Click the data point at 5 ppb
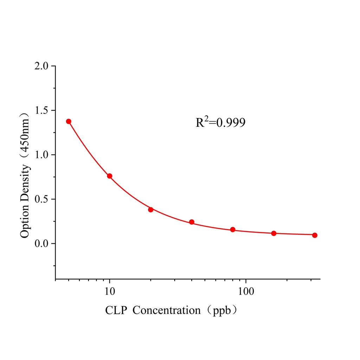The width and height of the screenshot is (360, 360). pos(69,121)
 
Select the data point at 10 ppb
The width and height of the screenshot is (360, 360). pos(110,176)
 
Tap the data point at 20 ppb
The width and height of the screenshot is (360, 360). pos(150,210)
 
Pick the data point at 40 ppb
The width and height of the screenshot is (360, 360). pos(192,222)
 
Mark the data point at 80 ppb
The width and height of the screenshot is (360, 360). pos(233,230)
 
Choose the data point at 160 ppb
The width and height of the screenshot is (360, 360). pos(274,233)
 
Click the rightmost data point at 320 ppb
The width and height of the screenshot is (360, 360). pos(315,235)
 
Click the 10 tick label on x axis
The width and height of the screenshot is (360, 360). pos(110,292)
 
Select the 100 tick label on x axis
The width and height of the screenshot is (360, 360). pos(245,292)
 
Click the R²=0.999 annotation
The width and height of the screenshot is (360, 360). pos(220,122)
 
